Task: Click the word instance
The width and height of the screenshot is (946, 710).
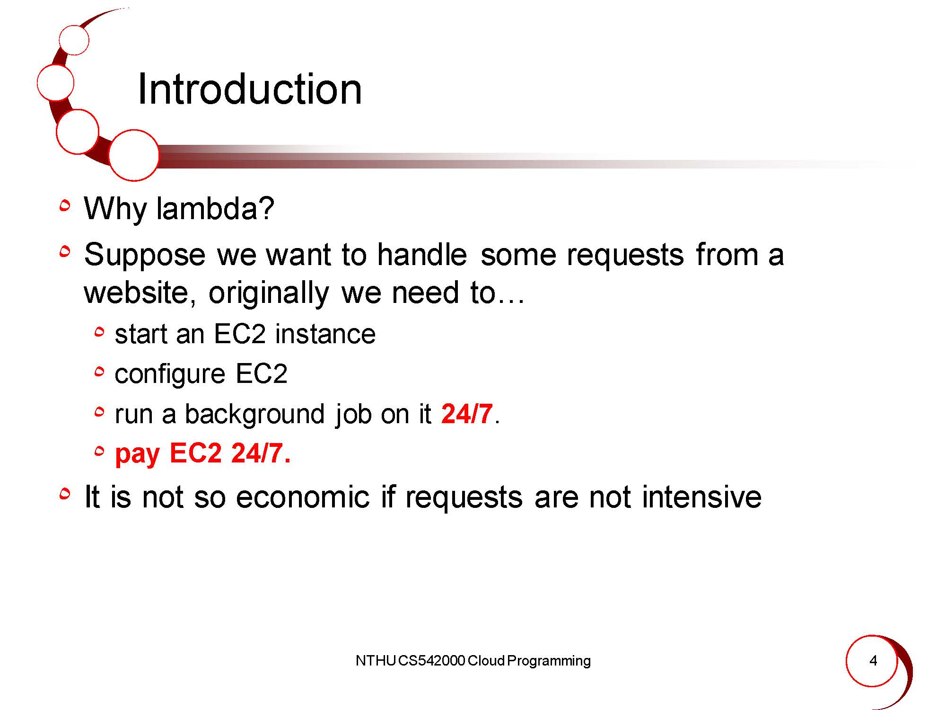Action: (x=325, y=334)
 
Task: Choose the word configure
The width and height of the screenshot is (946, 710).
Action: (x=170, y=375)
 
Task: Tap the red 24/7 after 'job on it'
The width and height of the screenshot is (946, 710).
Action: (x=467, y=414)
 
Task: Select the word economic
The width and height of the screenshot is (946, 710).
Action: (x=302, y=497)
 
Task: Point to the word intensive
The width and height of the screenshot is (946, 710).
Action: (x=701, y=497)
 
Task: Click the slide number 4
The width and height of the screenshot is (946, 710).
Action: (x=873, y=661)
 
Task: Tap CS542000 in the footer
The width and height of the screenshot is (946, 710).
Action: (x=431, y=661)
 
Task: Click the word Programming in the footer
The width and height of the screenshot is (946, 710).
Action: (x=549, y=662)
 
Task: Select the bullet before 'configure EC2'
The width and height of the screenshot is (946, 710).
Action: (x=99, y=373)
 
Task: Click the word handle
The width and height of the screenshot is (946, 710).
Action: (x=422, y=255)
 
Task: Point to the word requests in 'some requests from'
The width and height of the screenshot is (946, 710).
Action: (x=625, y=257)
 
